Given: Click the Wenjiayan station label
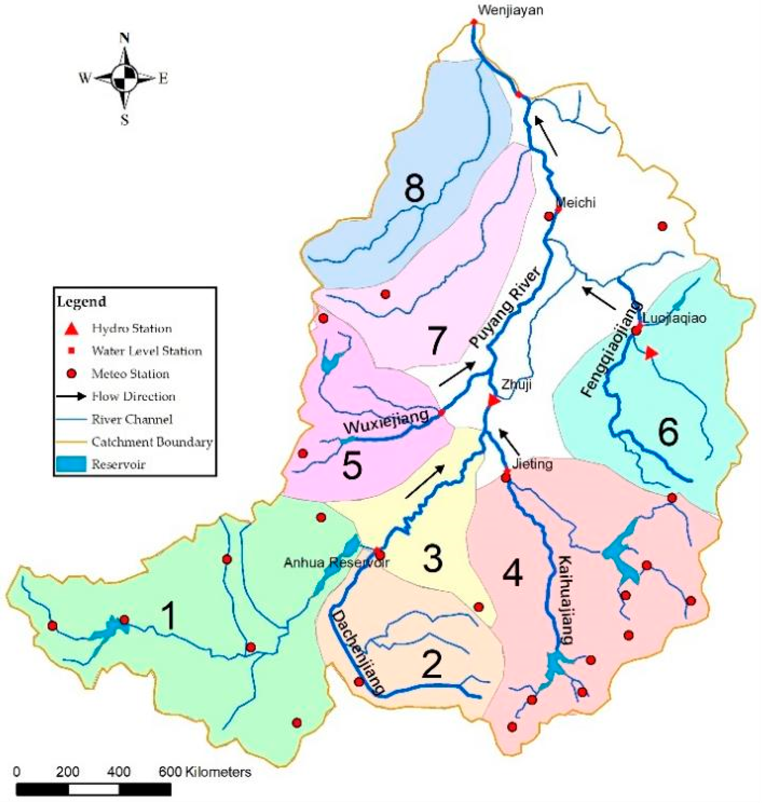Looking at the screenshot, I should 510,10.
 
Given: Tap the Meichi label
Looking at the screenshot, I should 577,202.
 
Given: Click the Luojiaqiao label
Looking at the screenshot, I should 674,318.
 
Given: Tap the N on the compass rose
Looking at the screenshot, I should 125,39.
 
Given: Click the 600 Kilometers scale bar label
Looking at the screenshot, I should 204,772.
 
